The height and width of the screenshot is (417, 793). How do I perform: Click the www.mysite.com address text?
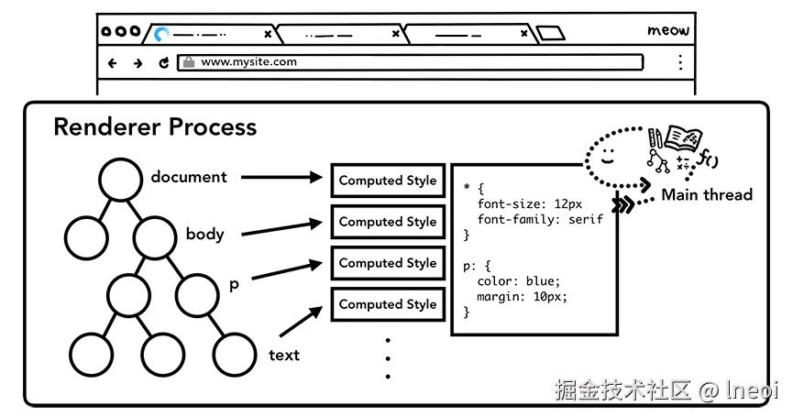coord(248,62)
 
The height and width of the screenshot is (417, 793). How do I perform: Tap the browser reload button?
coord(164,63)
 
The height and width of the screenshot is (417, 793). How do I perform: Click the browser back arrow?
coord(113,63)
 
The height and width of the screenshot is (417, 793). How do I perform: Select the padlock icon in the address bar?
coord(188,62)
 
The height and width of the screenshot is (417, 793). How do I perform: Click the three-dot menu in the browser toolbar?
coord(680,62)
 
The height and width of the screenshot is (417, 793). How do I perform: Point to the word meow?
coord(667,31)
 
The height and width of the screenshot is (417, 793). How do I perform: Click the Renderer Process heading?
coord(155,126)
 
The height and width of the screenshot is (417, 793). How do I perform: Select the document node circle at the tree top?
coord(122,179)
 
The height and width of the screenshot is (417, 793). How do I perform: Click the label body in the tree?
coord(204,234)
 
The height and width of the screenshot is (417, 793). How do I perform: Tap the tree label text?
coord(284,355)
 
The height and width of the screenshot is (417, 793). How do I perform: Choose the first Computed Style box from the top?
coord(388,181)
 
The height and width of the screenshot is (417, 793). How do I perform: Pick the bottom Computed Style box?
coord(388,304)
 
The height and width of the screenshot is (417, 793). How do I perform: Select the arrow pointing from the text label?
coord(302,321)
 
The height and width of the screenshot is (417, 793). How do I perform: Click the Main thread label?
coord(706,194)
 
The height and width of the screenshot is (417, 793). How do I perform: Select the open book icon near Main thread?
coord(683,137)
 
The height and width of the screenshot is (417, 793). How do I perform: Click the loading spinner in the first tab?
coord(162,35)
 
